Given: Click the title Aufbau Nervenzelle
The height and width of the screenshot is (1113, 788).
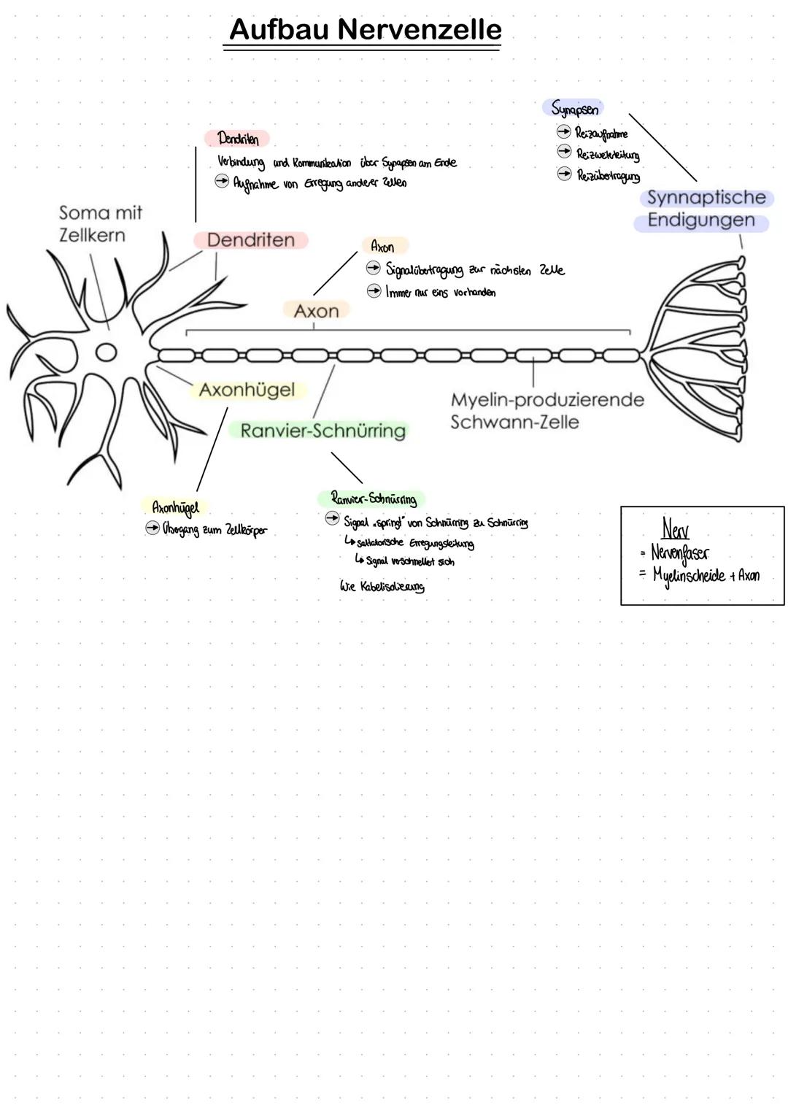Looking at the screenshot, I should click(365, 30).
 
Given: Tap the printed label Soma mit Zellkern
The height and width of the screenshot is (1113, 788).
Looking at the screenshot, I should click(100, 224).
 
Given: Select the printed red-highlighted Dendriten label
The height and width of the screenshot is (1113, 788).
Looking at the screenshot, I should click(250, 240).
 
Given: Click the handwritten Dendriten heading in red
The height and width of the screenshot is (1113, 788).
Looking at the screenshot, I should click(238, 139).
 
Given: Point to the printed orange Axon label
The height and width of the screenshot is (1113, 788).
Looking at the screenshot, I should click(316, 311).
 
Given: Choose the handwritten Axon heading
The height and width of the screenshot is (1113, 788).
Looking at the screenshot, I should click(382, 247).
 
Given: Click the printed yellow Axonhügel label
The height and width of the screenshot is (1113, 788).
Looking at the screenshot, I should click(247, 390).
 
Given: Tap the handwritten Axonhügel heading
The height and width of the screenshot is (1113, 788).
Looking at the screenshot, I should click(175, 507).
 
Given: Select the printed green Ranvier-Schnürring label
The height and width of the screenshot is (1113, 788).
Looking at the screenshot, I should click(322, 431).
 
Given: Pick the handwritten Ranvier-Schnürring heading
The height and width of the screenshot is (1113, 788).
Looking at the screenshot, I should click(374, 499).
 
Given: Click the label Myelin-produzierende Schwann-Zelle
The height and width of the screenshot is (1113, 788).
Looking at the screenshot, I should click(547, 411).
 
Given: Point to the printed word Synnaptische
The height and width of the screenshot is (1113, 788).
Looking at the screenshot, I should click(706, 198).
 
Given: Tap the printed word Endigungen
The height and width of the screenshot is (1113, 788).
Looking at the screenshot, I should click(700, 220).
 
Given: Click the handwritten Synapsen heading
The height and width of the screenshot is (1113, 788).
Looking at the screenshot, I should click(574, 109).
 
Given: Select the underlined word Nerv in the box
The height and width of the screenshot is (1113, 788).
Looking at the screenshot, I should click(675, 528).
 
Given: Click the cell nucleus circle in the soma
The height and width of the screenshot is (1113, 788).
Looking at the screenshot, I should click(107, 353).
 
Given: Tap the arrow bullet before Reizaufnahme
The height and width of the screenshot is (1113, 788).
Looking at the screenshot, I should click(563, 132).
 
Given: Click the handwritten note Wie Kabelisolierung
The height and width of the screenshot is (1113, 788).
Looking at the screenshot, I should click(382, 587).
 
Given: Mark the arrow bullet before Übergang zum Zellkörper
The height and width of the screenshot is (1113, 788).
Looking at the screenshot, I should click(152, 528).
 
